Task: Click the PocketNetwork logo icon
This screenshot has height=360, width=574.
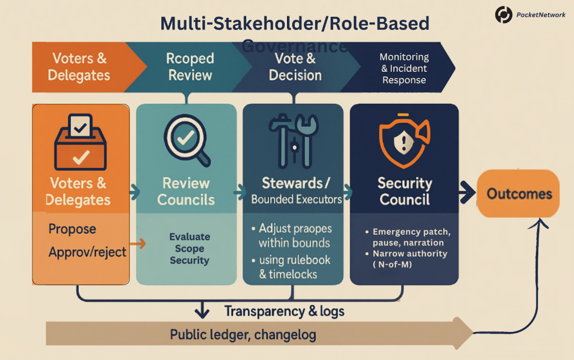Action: pos(503,15)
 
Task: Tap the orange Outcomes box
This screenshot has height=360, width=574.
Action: pos(519,194)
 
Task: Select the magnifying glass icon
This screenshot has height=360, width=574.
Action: pos(187,140)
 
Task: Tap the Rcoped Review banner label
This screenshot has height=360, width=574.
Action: pos(190,67)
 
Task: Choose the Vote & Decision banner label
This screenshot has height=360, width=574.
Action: pos(295,67)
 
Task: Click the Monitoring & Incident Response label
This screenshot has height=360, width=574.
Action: pos(404,68)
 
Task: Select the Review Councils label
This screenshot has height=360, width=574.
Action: pos(186,191)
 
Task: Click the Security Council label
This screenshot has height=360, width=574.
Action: pos(404,191)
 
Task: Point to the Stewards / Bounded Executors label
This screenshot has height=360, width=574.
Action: pos(297,191)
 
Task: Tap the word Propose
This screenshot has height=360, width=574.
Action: pos(72,229)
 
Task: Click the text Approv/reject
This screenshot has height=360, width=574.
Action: pos(87,252)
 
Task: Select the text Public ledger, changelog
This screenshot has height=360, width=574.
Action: pos(243,335)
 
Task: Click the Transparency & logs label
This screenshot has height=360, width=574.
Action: pos(284,311)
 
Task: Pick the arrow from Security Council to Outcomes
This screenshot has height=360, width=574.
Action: pos(466,194)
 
